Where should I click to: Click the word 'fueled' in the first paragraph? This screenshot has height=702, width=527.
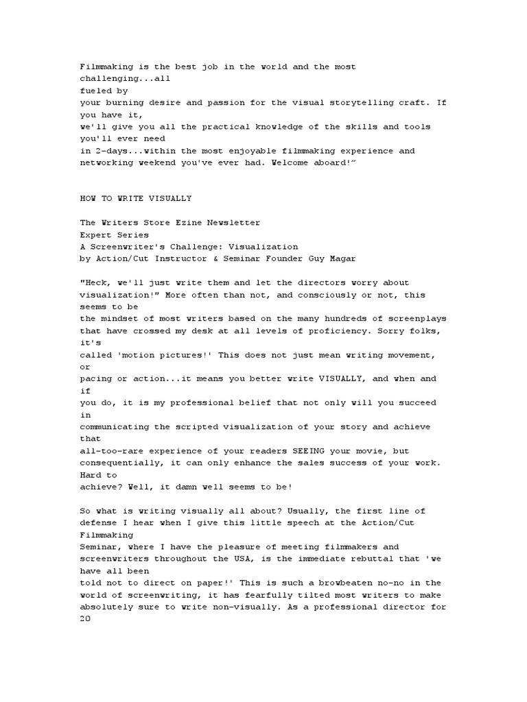(x=95, y=90)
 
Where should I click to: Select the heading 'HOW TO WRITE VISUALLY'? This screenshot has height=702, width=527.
(x=136, y=199)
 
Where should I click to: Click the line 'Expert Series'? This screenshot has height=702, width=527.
(x=115, y=235)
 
